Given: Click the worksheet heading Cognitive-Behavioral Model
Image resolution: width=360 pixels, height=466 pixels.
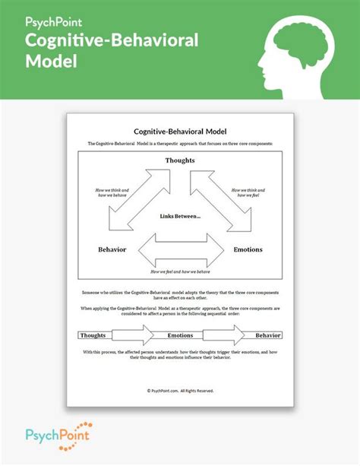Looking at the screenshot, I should (179, 131).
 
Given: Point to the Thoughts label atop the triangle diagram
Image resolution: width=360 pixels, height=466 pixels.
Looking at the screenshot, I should (180, 160).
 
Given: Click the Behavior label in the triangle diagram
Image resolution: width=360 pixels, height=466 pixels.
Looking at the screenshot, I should (112, 249).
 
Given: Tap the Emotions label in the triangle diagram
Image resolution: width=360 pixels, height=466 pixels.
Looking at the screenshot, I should (248, 249).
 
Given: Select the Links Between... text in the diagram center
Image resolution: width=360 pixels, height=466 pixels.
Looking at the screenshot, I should (180, 217).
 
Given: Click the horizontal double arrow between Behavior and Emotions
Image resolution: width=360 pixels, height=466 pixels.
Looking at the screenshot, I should (179, 249).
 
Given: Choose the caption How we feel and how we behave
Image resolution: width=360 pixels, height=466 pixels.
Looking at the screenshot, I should (180, 272).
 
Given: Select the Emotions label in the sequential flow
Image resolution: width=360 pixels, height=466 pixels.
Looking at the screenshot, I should (180, 334).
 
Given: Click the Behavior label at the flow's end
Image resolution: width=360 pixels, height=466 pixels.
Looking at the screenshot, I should (267, 334).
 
